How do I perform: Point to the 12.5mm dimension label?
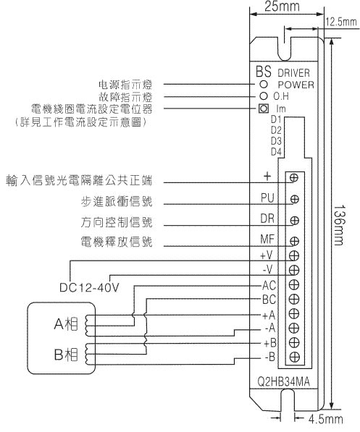point(342,22)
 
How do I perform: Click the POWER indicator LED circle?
point(264,84)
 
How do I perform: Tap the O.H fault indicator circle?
point(264,96)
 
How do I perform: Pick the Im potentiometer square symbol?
point(264,109)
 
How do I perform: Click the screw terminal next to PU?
point(295,200)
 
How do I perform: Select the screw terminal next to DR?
point(295,221)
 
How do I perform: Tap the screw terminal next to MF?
point(295,242)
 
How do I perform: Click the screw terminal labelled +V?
point(295,255)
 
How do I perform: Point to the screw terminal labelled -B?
point(295,357)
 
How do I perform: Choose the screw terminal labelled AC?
point(295,284)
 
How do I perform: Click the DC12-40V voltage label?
point(89,287)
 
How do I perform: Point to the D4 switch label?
point(275,152)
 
